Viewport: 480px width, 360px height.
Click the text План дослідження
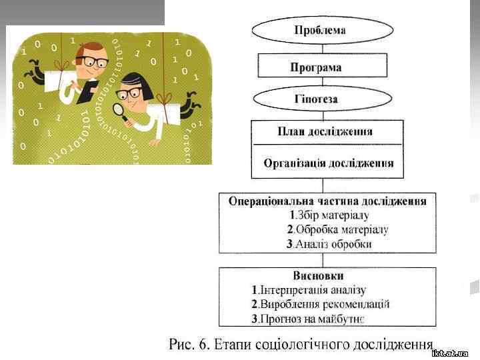[x=327, y=131]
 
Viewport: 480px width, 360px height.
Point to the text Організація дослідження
[x=328, y=163]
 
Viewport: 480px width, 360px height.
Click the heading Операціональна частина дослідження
[x=327, y=201]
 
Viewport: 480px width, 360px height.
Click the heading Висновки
[x=318, y=275]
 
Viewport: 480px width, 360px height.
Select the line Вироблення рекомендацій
[x=320, y=304]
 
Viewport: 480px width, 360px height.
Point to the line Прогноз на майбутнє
[x=307, y=319]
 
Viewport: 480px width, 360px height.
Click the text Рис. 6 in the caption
[x=189, y=344]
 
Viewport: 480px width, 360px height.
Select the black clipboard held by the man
[x=89, y=90]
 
